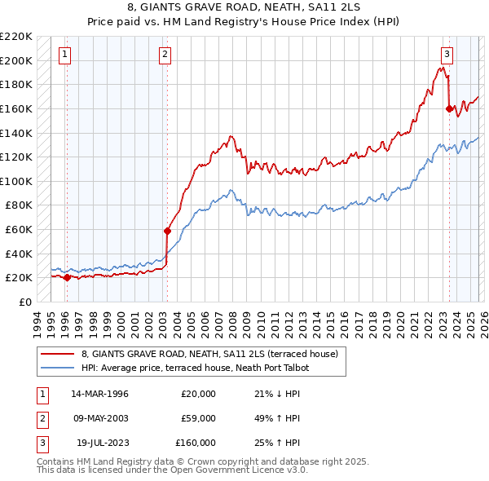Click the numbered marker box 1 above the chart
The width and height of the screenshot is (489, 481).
pyautogui.click(x=64, y=55)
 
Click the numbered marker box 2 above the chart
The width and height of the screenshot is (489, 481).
pyautogui.click(x=165, y=55)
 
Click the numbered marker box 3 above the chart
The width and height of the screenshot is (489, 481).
pyautogui.click(x=447, y=55)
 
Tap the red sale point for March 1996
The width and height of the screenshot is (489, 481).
pyautogui.click(x=67, y=277)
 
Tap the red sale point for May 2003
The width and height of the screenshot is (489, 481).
pyautogui.click(x=167, y=231)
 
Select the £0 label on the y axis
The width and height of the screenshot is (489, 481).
pyautogui.click(x=24, y=302)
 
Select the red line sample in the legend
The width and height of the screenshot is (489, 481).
pyautogui.click(x=58, y=354)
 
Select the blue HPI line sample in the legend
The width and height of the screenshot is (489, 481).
pyautogui.click(x=58, y=368)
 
